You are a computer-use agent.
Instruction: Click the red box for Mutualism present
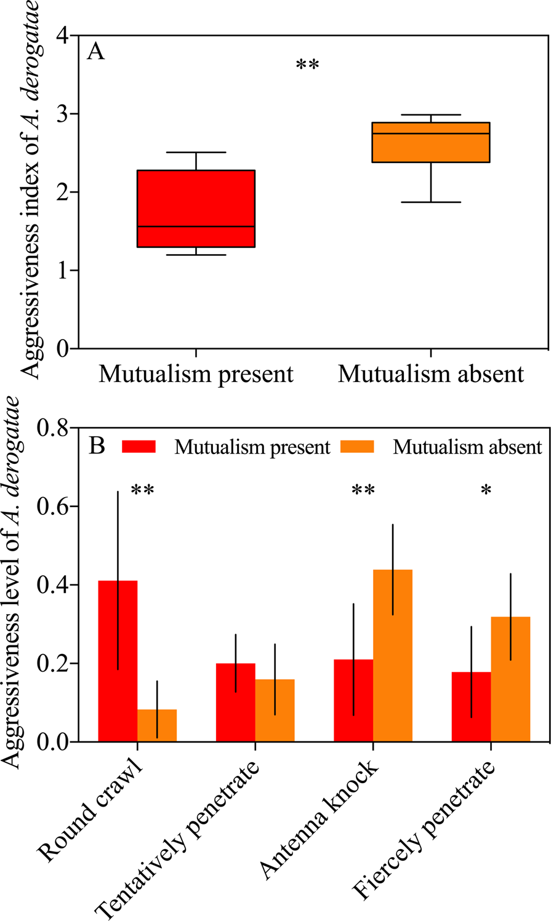[196, 208]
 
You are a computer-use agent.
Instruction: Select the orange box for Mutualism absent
[430, 142]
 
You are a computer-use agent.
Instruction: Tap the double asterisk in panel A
[307, 65]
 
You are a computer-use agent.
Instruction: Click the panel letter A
[95, 52]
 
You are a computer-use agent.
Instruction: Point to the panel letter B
[97, 446]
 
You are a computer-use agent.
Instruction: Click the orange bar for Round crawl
[157, 725]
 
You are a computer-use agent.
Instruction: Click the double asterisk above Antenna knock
[363, 491]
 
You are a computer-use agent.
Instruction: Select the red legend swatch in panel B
[139, 446]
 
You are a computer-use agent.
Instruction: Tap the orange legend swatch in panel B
[357, 446]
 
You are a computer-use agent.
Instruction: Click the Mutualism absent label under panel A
[430, 374]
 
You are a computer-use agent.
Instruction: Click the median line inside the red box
[196, 226]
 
